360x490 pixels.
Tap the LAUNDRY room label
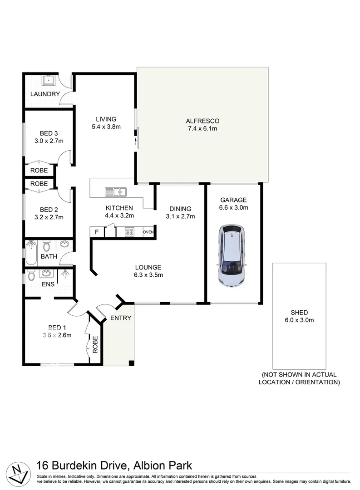point(45,94)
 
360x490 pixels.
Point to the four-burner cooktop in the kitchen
point(129,232)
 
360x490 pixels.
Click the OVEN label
point(148,232)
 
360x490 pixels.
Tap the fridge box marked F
point(96,232)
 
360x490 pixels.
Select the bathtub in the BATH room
point(31,252)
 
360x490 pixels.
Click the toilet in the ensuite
point(31,275)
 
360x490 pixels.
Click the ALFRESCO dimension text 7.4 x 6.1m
point(202,129)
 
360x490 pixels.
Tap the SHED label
point(299,312)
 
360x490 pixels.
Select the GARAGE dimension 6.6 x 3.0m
point(233,208)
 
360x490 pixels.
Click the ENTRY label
point(121,318)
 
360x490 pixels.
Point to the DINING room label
point(180,208)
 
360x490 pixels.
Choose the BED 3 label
point(49,133)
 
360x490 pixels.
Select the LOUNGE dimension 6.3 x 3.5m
point(148,275)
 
